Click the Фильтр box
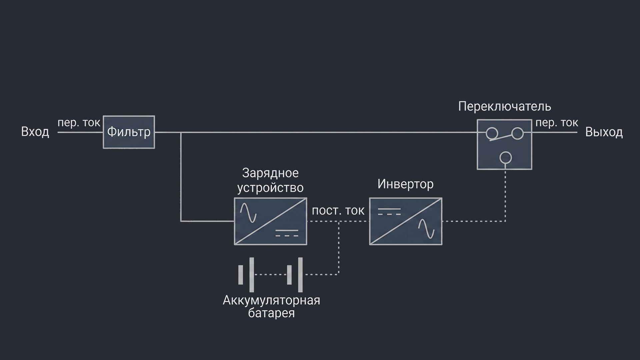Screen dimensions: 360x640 point(129,132)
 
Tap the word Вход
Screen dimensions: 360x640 point(35,132)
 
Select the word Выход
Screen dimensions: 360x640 point(604,132)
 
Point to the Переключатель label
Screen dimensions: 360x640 point(504,106)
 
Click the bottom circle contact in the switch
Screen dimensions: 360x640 point(506,157)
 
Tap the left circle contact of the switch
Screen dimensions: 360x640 point(491,133)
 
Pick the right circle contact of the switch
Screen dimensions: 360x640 point(517,133)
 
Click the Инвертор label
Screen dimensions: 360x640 point(405,184)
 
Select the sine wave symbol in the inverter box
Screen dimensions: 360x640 point(426,229)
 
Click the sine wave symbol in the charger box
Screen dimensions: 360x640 point(248,213)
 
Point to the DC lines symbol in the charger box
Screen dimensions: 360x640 point(287,233)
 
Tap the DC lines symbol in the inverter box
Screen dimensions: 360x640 point(389,211)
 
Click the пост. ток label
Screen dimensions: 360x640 point(338,211)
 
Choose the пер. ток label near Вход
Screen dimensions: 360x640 point(79,123)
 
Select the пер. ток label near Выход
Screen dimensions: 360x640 point(557,123)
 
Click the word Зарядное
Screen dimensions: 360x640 point(270,173)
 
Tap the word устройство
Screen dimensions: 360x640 point(270,188)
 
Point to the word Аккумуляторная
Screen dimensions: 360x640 point(271,300)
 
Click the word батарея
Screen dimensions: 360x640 point(271,313)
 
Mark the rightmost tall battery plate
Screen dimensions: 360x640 point(300,275)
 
